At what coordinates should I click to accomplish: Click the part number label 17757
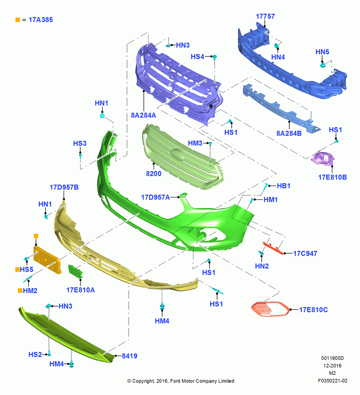pyautogui.click(x=265, y=16)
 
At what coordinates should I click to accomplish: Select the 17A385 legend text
pyautogui.click(x=41, y=20)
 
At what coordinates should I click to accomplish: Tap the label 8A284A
pyautogui.click(x=143, y=115)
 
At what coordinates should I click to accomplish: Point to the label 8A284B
pyautogui.click(x=289, y=133)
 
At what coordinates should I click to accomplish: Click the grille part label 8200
pyautogui.click(x=154, y=173)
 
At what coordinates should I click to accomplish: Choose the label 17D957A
pyautogui.click(x=155, y=197)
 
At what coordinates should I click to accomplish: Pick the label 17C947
pyautogui.click(x=305, y=254)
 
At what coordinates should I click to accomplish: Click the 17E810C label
pyautogui.click(x=313, y=310)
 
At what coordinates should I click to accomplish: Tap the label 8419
pyautogui.click(x=129, y=356)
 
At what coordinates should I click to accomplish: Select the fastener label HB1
pyautogui.click(x=283, y=186)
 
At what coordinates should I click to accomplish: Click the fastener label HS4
pyautogui.click(x=197, y=56)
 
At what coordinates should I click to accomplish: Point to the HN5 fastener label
pyautogui.click(x=322, y=52)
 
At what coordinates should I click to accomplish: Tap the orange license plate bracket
pyautogui.click(x=47, y=260)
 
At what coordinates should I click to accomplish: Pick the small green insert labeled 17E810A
pyautogui.click(x=75, y=272)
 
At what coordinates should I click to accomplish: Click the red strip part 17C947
pyautogui.click(x=273, y=248)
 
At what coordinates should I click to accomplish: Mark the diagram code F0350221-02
pyautogui.click(x=332, y=381)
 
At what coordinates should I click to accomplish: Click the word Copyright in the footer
pyautogui.click(x=143, y=381)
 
